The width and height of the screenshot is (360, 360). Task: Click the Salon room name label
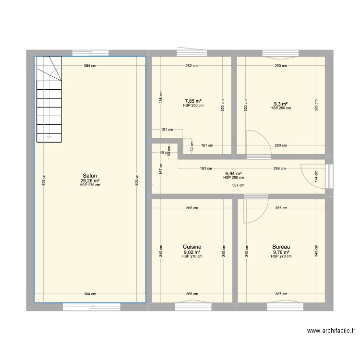[90, 176]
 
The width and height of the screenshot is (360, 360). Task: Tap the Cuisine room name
[192, 247]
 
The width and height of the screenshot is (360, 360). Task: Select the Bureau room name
[281, 247]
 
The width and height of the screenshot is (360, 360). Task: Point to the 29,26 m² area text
[90, 181]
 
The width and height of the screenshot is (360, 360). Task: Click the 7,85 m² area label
[193, 101]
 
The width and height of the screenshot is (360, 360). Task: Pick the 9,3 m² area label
[281, 104]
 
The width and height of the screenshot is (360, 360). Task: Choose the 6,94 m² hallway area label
[233, 174]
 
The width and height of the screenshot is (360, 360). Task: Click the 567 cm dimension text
[238, 185]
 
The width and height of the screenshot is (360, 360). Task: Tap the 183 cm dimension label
[206, 168]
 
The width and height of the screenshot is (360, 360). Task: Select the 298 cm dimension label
[280, 168]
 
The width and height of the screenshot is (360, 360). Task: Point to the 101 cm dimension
[167, 130]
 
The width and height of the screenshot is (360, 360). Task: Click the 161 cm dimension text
[207, 145]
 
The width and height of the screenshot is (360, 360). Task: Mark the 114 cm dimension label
[316, 177]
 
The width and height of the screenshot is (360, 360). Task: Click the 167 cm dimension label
[161, 168]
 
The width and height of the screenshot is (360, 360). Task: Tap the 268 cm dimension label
[161, 97]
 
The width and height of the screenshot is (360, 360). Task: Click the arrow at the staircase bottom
[49, 137]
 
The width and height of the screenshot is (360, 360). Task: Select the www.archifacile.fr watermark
[331, 331]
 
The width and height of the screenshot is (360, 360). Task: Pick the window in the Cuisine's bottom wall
[193, 307]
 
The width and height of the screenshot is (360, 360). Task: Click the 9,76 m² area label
[281, 252]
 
